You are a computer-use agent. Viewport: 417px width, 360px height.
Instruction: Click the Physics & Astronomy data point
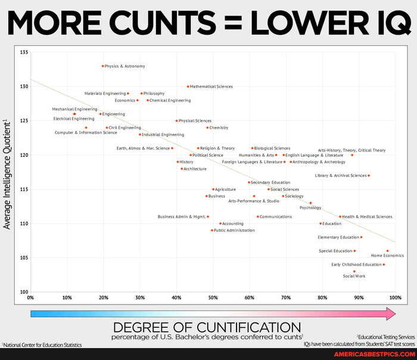click(x=102, y=66)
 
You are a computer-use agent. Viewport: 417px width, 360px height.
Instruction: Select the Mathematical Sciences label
click(x=211, y=86)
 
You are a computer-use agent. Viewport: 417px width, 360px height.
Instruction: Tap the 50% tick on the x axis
click(x=213, y=297)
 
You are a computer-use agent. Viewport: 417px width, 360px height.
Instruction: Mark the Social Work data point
click(x=354, y=271)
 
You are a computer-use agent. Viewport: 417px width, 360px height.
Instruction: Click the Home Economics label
click(x=387, y=256)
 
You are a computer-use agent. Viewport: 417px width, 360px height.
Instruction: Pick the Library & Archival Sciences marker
click(x=369, y=176)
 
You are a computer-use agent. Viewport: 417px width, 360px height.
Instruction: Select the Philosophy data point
click(x=141, y=94)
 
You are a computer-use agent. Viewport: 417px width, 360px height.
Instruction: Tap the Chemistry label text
click(x=219, y=128)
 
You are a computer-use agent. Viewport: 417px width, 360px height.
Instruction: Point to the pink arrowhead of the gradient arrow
click(x=390, y=314)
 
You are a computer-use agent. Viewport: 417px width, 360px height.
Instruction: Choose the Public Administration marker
click(x=211, y=230)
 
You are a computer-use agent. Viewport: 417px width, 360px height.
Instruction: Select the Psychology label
click(x=310, y=208)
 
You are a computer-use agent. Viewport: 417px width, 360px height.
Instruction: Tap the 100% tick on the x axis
click(x=393, y=297)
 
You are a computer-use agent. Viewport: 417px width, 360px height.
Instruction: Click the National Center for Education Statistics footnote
click(x=42, y=345)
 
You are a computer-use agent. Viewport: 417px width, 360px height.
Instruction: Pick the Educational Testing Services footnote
click(x=385, y=337)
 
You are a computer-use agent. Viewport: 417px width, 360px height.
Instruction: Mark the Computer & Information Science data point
click(x=86, y=128)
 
